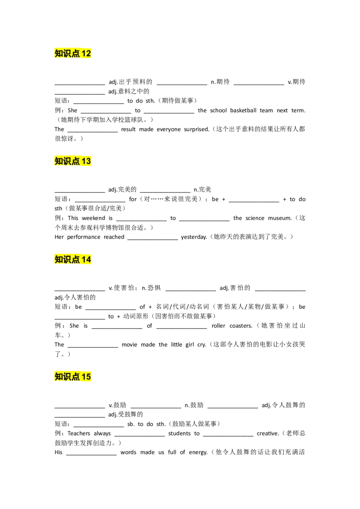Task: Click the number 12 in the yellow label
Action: [86, 54]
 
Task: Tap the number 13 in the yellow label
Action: [86, 161]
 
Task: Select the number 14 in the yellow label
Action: [86, 259]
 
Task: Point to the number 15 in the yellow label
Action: [86, 377]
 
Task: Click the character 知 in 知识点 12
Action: [59, 54]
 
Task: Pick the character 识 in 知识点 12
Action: [67, 54]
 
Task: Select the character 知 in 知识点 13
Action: [59, 161]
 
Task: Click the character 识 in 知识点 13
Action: [67, 161]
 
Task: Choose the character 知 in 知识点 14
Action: [59, 259]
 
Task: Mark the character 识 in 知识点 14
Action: [67, 259]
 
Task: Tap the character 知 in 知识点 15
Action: [59, 377]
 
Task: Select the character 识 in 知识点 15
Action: [67, 377]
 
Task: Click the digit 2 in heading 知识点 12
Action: [89, 54]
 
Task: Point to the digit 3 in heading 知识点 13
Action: [89, 161]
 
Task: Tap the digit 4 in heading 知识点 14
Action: [89, 259]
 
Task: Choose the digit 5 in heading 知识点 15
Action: [89, 377]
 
